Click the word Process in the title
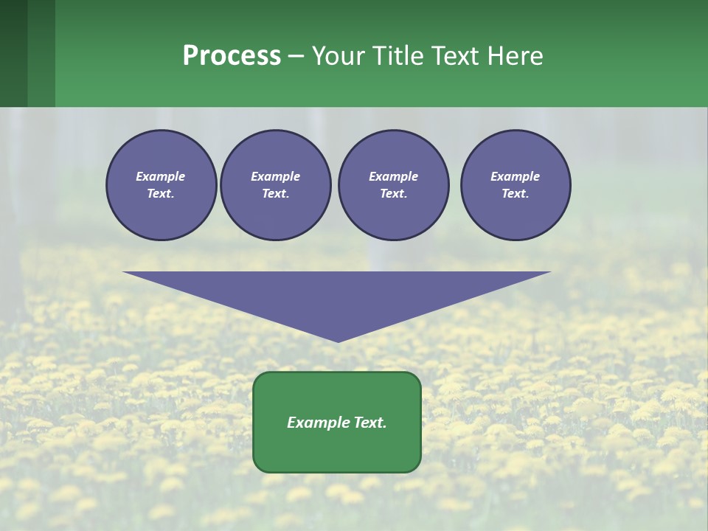232,56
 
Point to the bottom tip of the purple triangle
338,340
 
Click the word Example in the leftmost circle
161,176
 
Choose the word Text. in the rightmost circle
516,193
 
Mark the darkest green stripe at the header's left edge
13,53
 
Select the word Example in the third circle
393,176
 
